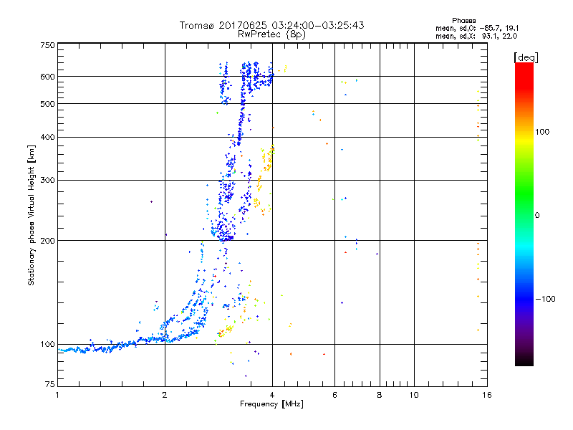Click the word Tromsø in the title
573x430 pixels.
[196, 26]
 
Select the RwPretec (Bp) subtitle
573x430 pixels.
[273, 34]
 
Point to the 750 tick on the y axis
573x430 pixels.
[47, 45]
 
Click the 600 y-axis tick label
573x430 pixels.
[47, 77]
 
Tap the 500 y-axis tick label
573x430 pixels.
[47, 104]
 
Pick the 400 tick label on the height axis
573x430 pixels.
[47, 138]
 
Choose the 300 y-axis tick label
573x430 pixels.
[47, 181]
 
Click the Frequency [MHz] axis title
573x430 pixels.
[272, 404]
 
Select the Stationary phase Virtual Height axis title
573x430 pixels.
[32, 215]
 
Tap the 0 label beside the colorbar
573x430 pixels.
[538, 216]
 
